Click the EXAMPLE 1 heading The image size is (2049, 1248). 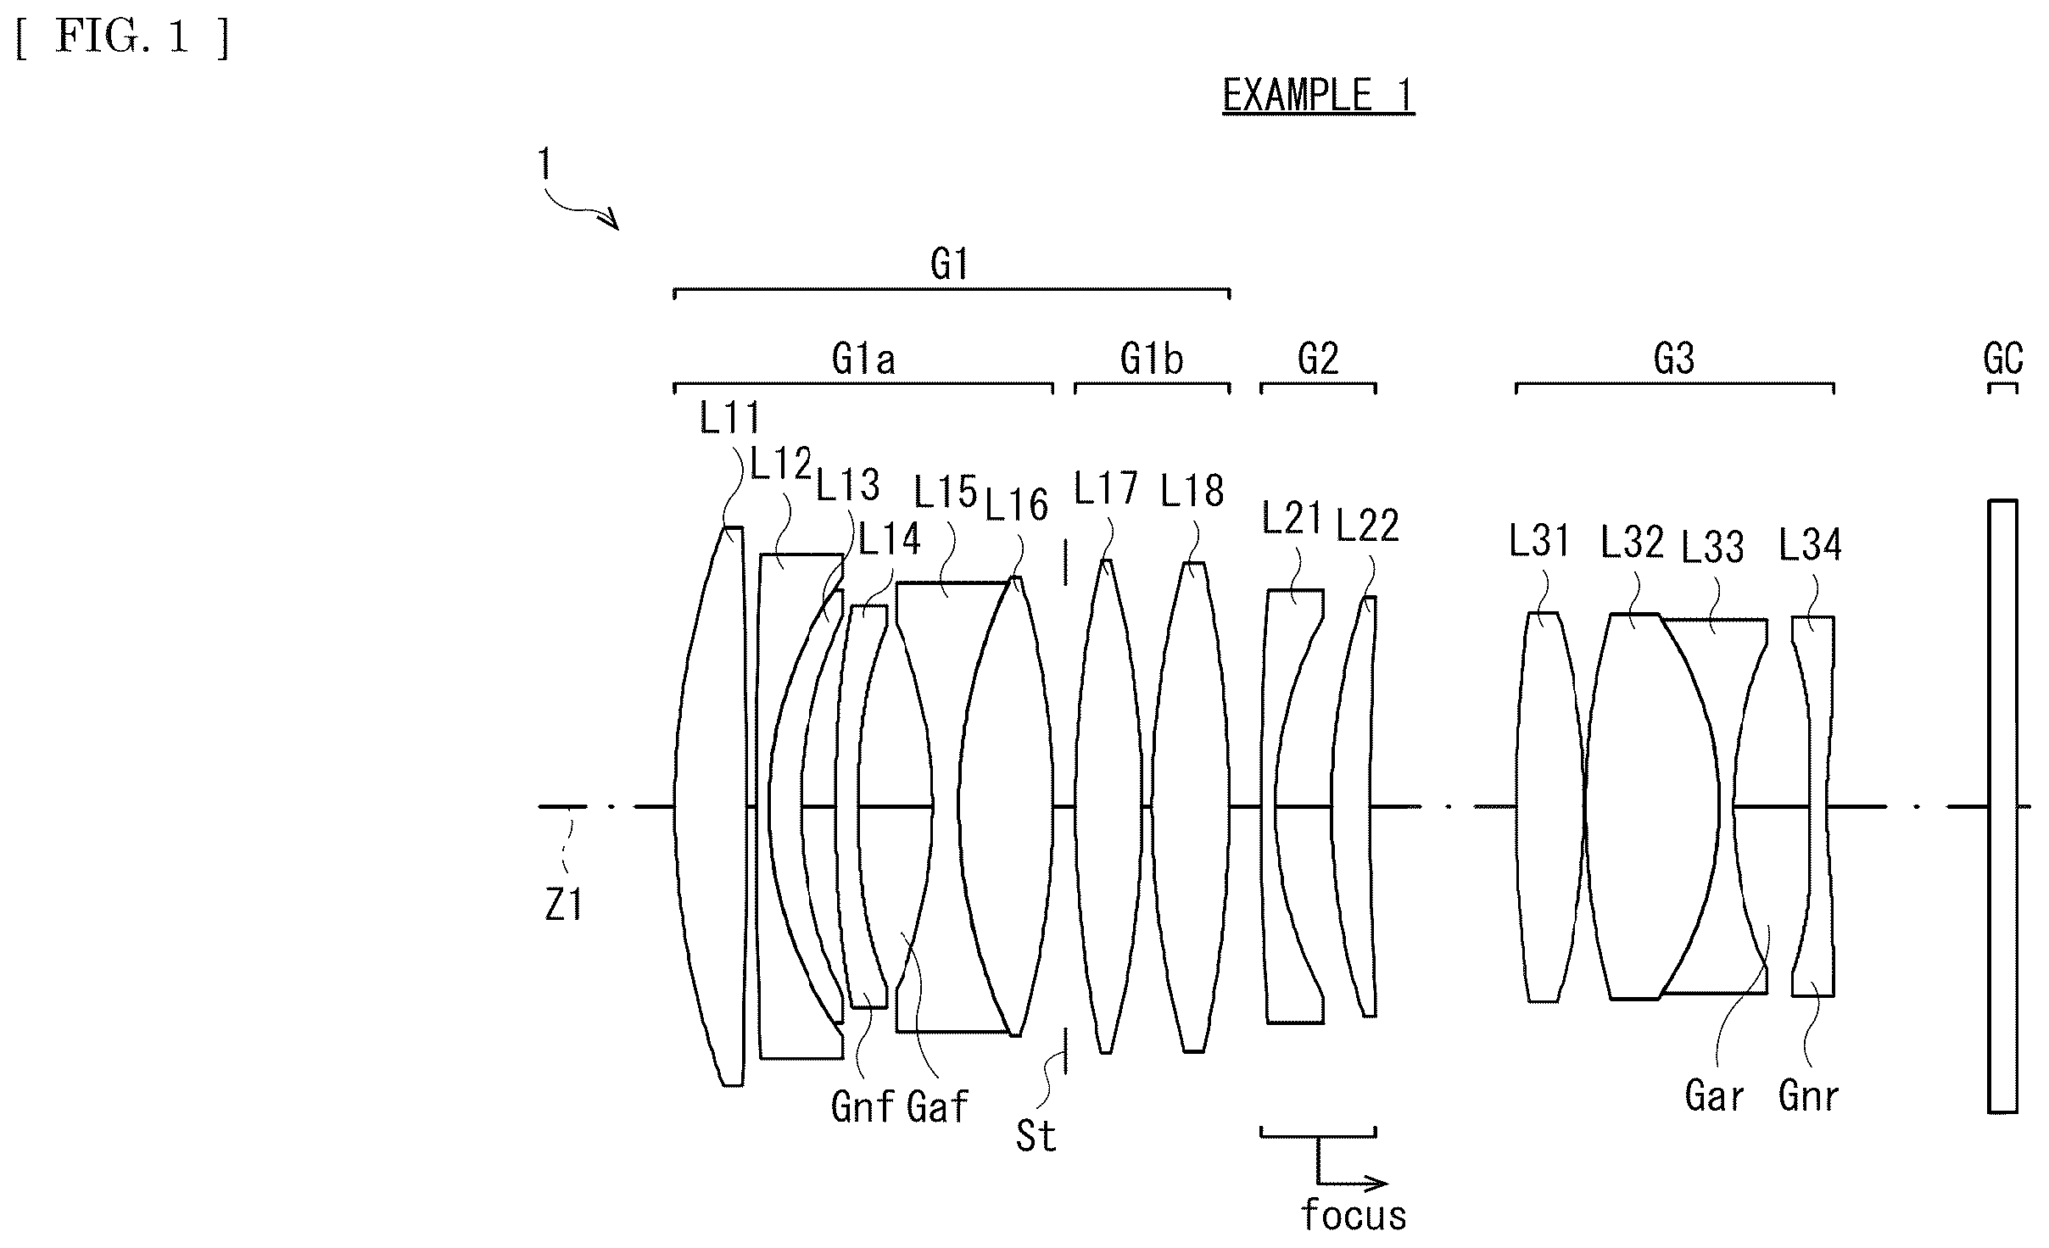click(x=1319, y=95)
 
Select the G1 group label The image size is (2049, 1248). click(x=949, y=265)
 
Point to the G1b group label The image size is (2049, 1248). click(x=1151, y=359)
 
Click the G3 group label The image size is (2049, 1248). click(x=1673, y=359)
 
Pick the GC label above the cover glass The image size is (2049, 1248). click(x=2003, y=359)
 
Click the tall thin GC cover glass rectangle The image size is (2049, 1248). click(x=2002, y=806)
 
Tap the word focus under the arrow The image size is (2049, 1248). click(x=1354, y=1214)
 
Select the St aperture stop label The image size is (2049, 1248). click(x=1036, y=1136)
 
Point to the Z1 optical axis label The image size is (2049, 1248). click(x=563, y=906)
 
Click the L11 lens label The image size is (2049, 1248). click(x=730, y=418)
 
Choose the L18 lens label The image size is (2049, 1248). click(x=1192, y=491)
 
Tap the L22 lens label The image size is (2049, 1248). click(x=1367, y=525)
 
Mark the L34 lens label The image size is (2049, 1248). click(x=1810, y=545)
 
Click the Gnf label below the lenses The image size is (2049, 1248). click(x=863, y=1107)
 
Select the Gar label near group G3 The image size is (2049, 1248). click(x=1714, y=1096)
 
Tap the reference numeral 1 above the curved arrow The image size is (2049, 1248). click(x=544, y=164)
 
